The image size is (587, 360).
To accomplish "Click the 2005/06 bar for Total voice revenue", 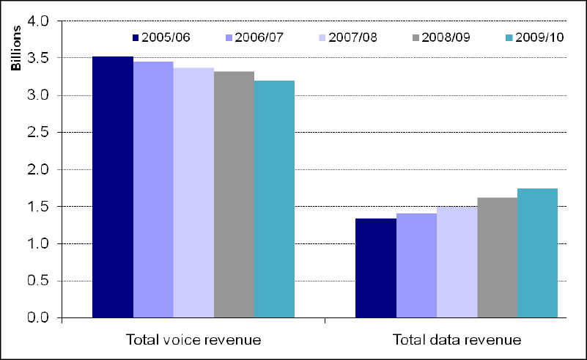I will pyautogui.click(x=113, y=187).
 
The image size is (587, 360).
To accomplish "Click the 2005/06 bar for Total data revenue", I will pyautogui.click(x=376, y=268).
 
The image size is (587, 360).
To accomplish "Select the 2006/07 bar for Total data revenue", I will pyautogui.click(x=416, y=265).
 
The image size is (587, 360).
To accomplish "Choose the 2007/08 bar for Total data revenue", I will pyautogui.click(x=457, y=262).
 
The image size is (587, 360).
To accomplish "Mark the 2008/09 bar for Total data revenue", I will pyautogui.click(x=497, y=257).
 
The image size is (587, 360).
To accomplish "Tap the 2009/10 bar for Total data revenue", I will pyautogui.click(x=537, y=253).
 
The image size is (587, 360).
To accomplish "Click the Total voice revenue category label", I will pyautogui.click(x=193, y=339).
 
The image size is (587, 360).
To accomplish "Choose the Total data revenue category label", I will pyautogui.click(x=457, y=339).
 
